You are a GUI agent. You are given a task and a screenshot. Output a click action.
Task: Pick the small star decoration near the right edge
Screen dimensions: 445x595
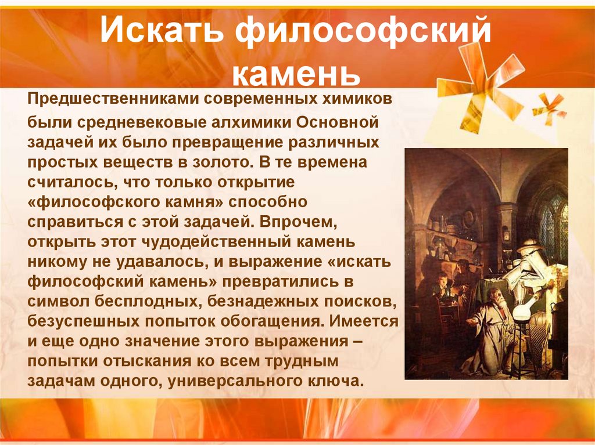[549, 108]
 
